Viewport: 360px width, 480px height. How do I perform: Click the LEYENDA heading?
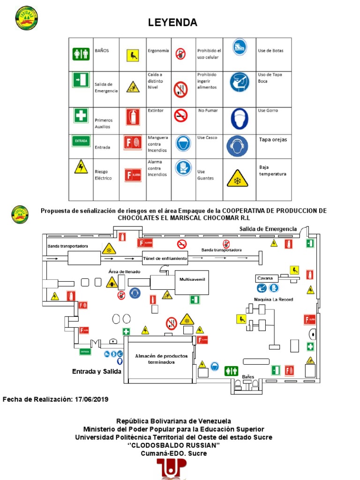pyautogui.click(x=173, y=22)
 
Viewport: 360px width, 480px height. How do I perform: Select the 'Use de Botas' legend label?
pyautogui.click(x=270, y=51)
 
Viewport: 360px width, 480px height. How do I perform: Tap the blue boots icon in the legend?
pyautogui.click(x=239, y=47)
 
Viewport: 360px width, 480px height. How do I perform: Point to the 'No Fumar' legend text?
pyautogui.click(x=208, y=111)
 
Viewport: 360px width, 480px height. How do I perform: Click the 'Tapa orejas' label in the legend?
pyautogui.click(x=273, y=140)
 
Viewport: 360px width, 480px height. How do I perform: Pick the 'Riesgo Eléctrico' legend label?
pyautogui.click(x=104, y=175)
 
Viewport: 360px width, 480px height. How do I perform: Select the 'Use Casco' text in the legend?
pyautogui.click(x=207, y=138)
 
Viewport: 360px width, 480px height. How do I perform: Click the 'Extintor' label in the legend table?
pyautogui.click(x=156, y=111)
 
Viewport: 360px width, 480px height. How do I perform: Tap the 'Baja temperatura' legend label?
pyautogui.click(x=272, y=170)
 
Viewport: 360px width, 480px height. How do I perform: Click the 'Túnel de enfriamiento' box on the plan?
pyautogui.click(x=165, y=258)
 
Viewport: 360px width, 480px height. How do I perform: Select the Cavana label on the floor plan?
pyautogui.click(x=265, y=278)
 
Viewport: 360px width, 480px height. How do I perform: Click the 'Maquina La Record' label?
pyautogui.click(x=270, y=299)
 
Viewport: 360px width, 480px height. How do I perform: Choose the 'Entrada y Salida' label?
pyautogui.click(x=97, y=371)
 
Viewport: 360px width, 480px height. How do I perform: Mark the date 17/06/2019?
pyautogui.click(x=91, y=399)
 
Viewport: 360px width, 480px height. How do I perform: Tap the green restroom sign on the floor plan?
pyautogui.click(x=231, y=371)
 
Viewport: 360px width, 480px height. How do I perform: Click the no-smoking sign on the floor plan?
pyautogui.click(x=182, y=244)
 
